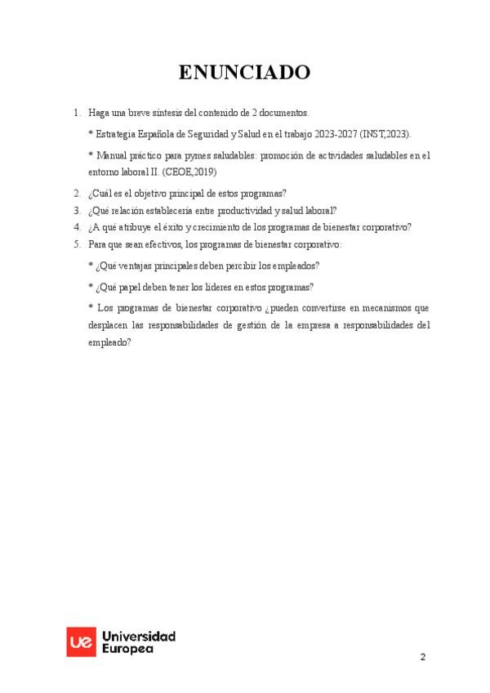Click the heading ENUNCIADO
tap(244, 73)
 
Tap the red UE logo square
tap(79, 642)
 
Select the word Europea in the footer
tap(127, 648)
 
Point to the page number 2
tap(423, 657)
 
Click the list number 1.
tap(76, 113)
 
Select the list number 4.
tap(76, 227)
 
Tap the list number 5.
tap(76, 244)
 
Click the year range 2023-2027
tap(332, 133)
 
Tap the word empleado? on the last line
tap(109, 343)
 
